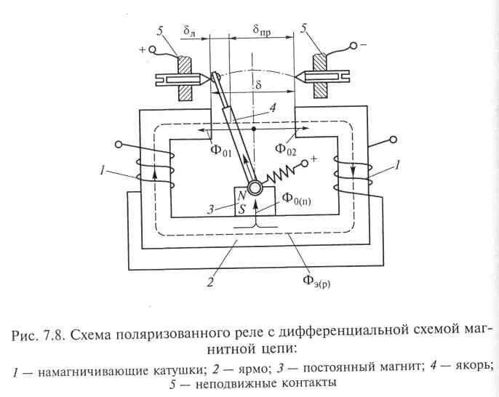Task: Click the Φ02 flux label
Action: pos(287,149)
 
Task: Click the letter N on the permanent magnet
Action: pos(241,197)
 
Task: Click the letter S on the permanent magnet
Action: pos(241,209)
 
